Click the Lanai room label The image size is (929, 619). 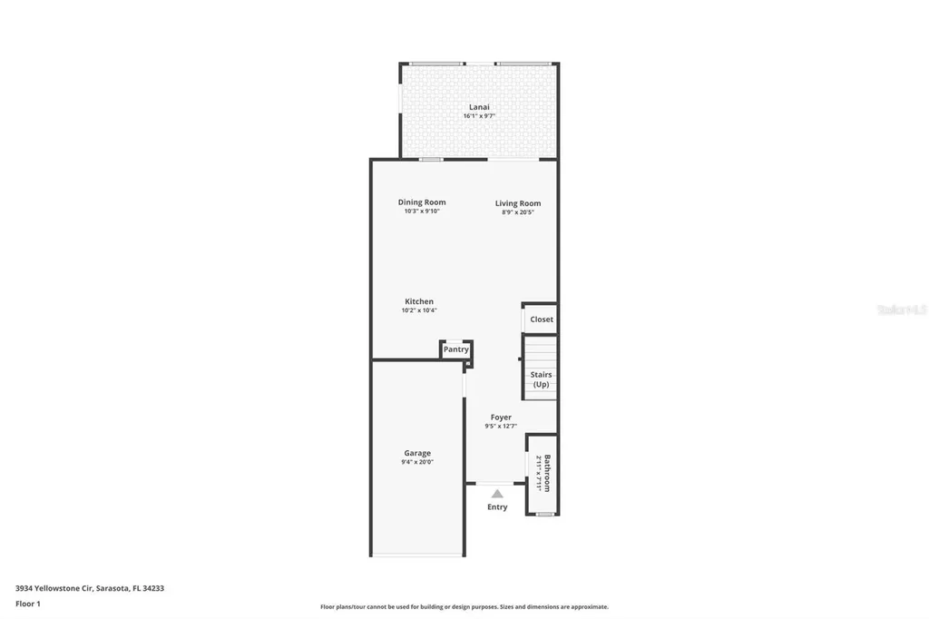[x=479, y=107]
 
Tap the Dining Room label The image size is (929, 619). [x=422, y=202]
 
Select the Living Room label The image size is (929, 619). [x=518, y=203]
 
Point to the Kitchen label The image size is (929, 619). [x=419, y=301]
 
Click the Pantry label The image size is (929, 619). [x=456, y=349]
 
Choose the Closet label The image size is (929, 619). [x=542, y=319]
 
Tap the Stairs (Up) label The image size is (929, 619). [x=541, y=379]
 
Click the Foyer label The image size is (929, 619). [x=501, y=418]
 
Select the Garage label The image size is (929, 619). [x=417, y=453]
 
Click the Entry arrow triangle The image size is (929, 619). [x=497, y=493]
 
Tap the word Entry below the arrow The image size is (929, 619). [x=497, y=506]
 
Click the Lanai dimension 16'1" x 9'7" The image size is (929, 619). [x=479, y=116]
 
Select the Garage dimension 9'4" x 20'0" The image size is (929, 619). [x=417, y=462]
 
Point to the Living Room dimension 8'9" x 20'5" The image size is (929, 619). [x=518, y=212]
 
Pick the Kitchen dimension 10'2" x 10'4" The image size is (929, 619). [x=419, y=310]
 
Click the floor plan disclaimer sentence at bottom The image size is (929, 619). [x=464, y=607]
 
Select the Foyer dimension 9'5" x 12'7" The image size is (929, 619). [x=501, y=427]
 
